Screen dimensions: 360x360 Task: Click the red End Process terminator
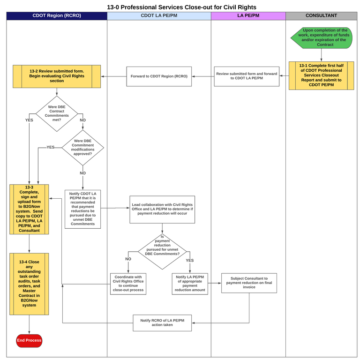point(29,340)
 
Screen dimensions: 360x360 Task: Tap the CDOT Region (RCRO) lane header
point(57,15)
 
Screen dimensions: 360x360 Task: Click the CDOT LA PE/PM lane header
point(159,15)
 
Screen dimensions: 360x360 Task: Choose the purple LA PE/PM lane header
point(248,15)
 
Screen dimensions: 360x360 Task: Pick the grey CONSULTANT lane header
point(321,15)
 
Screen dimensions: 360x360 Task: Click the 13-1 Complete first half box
point(321,75)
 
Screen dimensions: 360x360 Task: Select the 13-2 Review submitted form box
point(57,76)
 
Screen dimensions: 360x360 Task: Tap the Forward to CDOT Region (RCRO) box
point(159,76)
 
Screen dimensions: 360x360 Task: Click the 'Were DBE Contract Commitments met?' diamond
point(57,113)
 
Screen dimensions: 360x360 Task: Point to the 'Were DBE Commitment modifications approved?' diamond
point(82,147)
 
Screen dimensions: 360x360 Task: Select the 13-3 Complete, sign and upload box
point(29,209)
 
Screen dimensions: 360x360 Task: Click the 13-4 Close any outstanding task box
point(29,284)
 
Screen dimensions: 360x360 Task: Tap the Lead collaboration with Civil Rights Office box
point(162,210)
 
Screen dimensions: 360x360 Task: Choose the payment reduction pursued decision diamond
point(162,252)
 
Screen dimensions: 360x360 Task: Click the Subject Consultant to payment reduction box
point(249,283)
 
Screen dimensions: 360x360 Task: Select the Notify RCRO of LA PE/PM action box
point(162,323)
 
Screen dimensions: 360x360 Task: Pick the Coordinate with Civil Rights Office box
point(128,284)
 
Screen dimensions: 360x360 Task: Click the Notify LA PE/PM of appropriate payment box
point(190,284)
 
